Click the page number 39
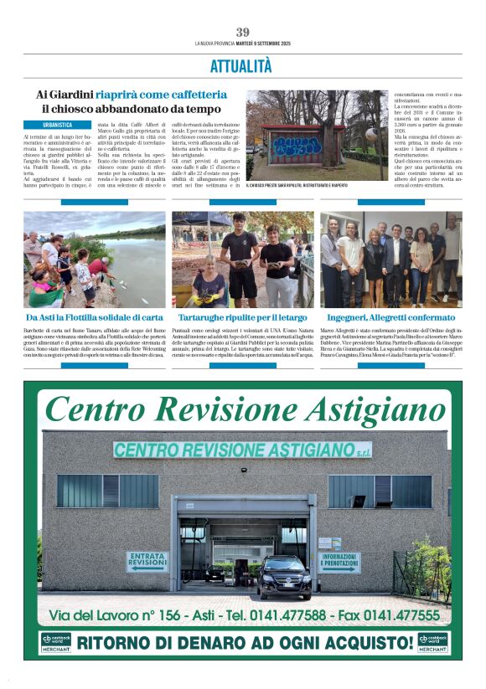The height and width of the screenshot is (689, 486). pyautogui.click(x=243, y=32)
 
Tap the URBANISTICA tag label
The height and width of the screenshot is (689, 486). pyautogui.click(x=53, y=124)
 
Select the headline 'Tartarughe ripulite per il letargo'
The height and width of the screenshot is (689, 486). pyautogui.click(x=242, y=318)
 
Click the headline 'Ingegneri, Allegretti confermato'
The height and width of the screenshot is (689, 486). pyautogui.click(x=390, y=318)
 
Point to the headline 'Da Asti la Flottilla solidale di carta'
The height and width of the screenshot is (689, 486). pyautogui.click(x=94, y=318)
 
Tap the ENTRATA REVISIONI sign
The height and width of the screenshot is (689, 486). pyautogui.click(x=147, y=560)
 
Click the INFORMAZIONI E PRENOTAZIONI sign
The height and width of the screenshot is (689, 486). pyautogui.click(x=339, y=562)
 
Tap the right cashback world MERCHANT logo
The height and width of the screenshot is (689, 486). pyautogui.click(x=432, y=642)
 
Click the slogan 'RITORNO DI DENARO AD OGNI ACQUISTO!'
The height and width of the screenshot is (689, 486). pyautogui.click(x=244, y=643)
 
